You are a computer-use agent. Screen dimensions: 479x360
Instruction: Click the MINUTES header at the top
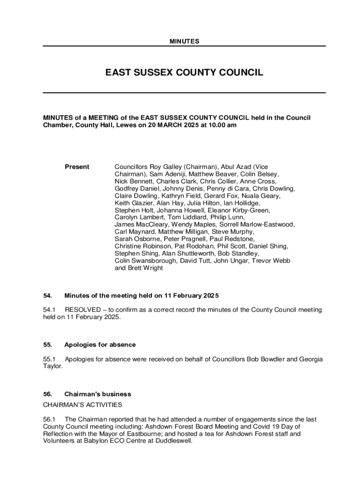184,42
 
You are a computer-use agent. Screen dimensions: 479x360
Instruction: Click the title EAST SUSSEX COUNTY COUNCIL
184,73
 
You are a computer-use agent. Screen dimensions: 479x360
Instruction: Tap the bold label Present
77,167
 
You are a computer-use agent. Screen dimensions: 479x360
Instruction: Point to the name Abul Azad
236,167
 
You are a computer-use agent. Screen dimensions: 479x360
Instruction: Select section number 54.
47,296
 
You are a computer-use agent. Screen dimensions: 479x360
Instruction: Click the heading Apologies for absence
100,345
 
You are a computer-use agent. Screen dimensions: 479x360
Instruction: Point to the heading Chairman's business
98,394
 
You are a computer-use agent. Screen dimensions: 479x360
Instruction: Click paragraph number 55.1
49,359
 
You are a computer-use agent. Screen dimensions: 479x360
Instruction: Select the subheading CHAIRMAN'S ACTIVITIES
83,404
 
